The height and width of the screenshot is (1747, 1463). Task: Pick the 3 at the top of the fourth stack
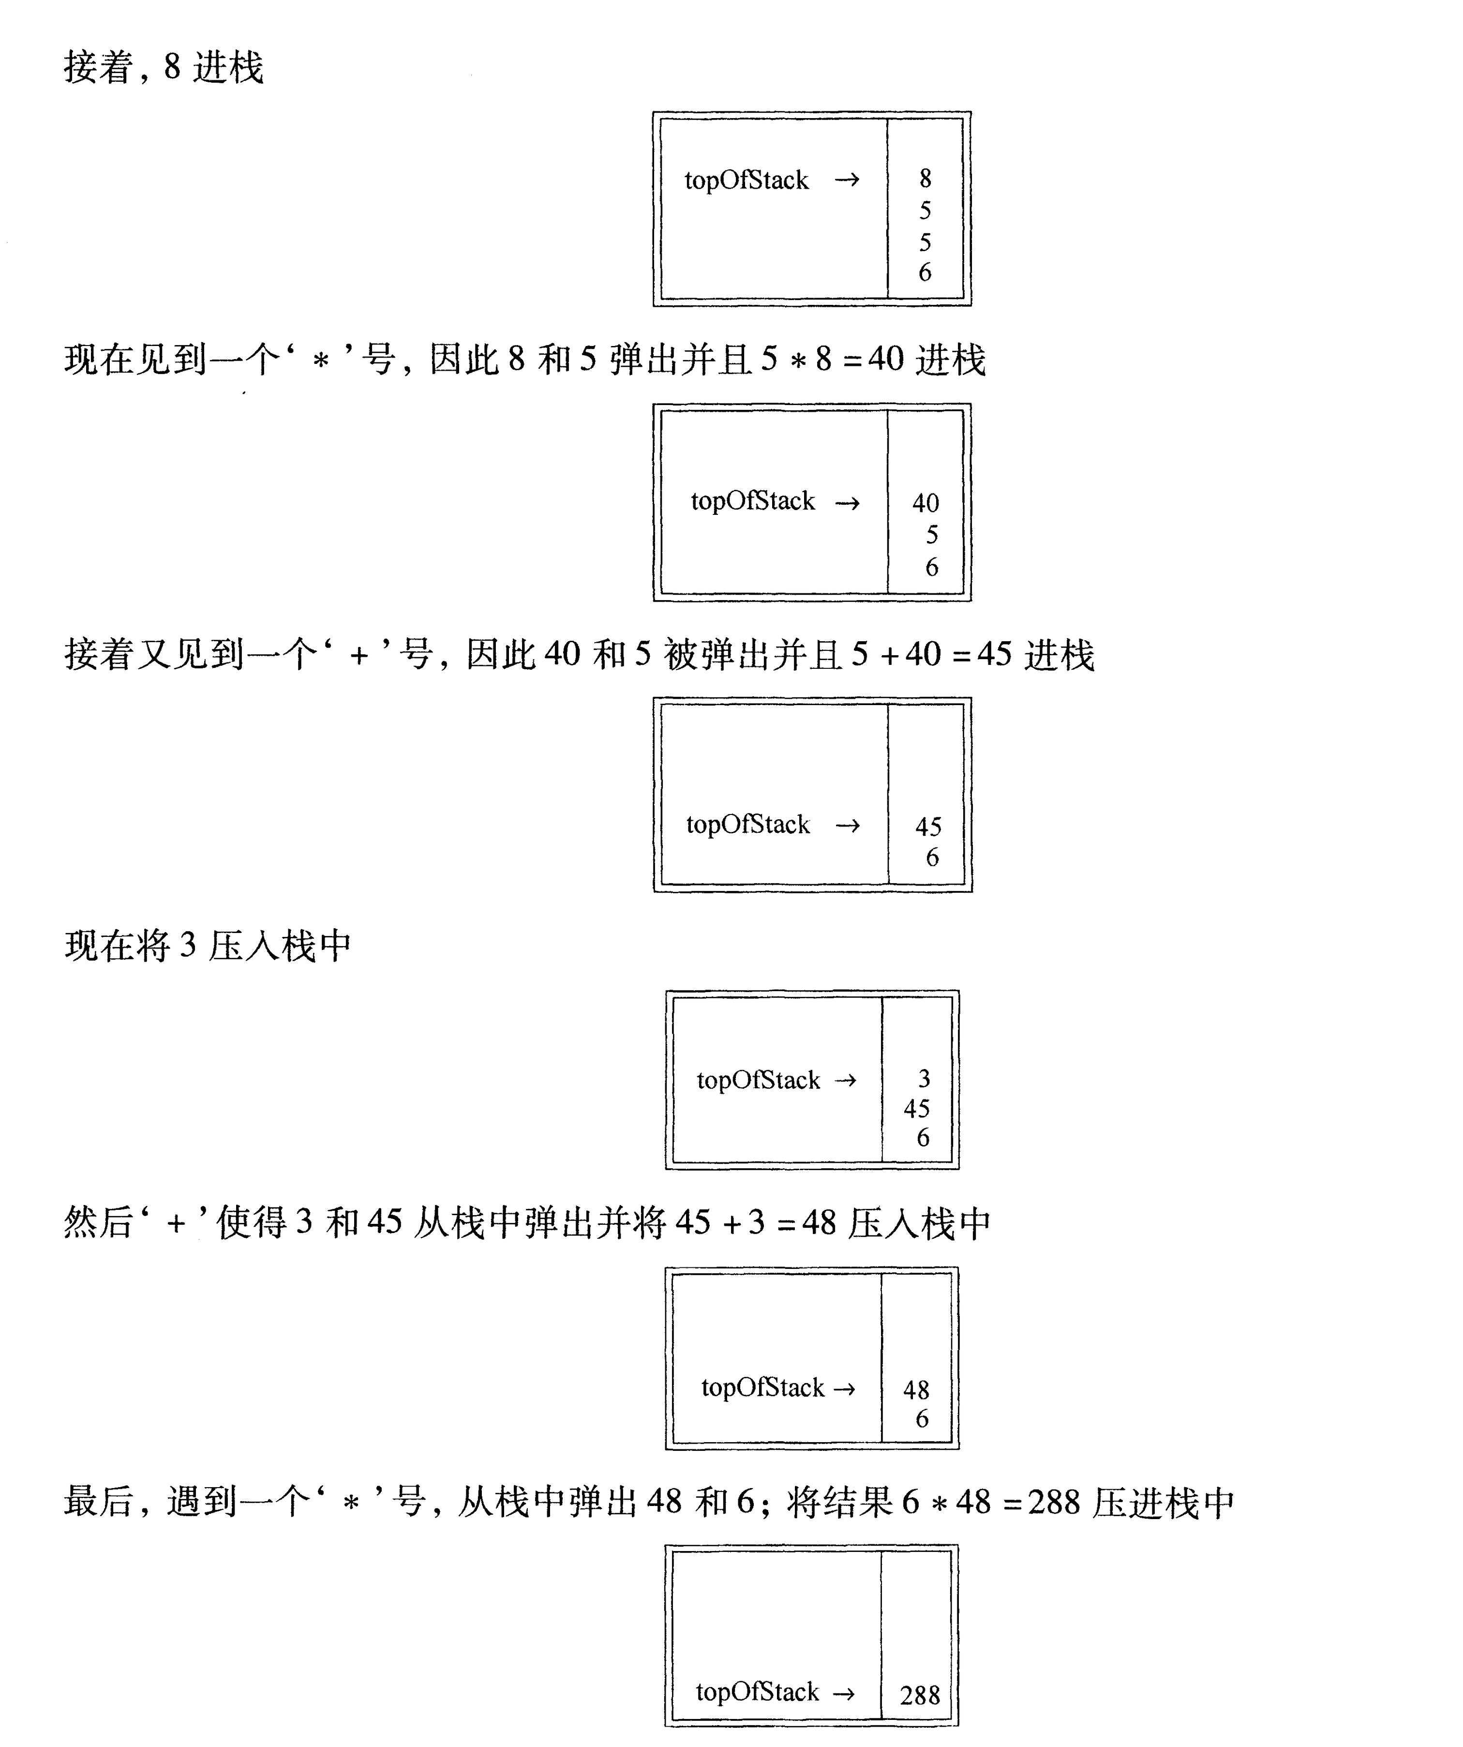pos(924,1079)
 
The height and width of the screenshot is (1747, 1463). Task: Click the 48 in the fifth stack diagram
pos(917,1390)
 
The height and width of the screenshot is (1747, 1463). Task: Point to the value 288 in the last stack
pos(920,1695)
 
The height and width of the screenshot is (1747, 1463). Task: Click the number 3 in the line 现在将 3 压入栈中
pos(188,946)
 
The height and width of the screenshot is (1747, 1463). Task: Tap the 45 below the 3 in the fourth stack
pos(917,1109)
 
